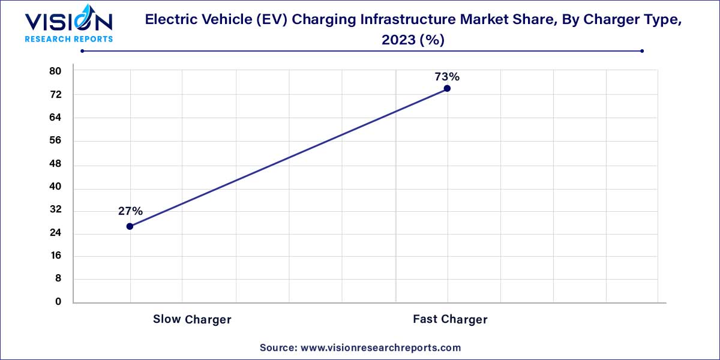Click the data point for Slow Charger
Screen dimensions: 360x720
[130, 226]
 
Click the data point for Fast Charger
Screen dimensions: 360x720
[447, 89]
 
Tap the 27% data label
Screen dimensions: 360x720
[130, 211]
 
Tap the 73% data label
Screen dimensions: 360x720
[447, 77]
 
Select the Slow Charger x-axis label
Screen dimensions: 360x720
[192, 319]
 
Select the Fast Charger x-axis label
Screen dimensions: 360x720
[450, 319]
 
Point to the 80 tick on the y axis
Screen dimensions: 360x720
[55, 71]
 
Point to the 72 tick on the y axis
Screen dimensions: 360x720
[55, 95]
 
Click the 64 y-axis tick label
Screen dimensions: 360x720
[55, 118]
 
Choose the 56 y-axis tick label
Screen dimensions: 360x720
[55, 141]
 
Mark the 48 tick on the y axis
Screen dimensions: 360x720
[55, 164]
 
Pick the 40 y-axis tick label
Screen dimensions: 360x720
[55, 187]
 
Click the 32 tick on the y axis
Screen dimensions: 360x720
[55, 210]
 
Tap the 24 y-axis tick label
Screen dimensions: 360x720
[55, 233]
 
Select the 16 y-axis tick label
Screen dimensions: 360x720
[55, 256]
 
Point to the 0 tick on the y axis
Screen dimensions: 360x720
[58, 302]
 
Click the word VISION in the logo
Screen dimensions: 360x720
[68, 23]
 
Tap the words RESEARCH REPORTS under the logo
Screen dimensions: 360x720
[68, 39]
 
